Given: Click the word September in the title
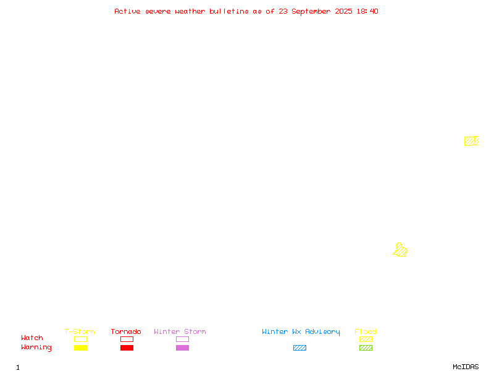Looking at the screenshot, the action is point(311,12).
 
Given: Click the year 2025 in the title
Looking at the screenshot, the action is point(343,11).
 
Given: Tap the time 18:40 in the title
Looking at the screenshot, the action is point(367,11).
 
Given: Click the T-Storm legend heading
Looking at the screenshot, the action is point(80,331).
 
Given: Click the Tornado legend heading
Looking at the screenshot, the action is point(126,331).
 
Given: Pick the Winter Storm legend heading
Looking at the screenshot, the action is point(180,331).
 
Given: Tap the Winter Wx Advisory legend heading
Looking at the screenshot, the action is point(301,332).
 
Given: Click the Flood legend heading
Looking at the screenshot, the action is point(366,331).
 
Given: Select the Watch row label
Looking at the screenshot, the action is point(32,338).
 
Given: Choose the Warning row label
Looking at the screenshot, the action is point(36,348).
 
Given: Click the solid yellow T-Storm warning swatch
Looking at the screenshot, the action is point(81,348).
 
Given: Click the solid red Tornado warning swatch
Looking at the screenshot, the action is point(127,348).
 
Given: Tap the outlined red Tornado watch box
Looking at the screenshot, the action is point(127,336).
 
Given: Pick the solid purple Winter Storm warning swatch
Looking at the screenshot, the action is point(182,348).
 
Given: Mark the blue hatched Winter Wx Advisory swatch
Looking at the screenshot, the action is point(299,348).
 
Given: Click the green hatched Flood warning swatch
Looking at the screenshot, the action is point(366,348).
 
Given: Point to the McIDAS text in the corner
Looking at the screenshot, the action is point(466,367).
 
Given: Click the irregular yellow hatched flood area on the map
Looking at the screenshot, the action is point(400,250).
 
